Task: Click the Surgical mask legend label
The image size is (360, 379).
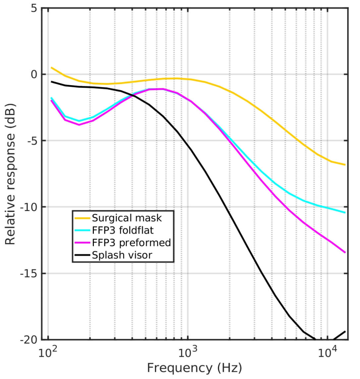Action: pyautogui.click(x=127, y=218)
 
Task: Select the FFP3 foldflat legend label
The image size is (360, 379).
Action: pyautogui.click(x=123, y=230)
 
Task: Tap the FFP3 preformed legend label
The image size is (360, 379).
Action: pyautogui.click(x=131, y=243)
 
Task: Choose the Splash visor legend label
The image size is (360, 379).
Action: pyautogui.click(x=122, y=255)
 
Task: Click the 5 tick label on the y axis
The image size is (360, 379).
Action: pyautogui.click(x=34, y=8)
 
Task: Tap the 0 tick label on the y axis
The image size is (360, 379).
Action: pyautogui.click(x=34, y=75)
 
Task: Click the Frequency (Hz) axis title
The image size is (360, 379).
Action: pyautogui.click(x=194, y=368)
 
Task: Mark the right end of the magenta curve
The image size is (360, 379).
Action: pyautogui.click(x=345, y=252)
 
